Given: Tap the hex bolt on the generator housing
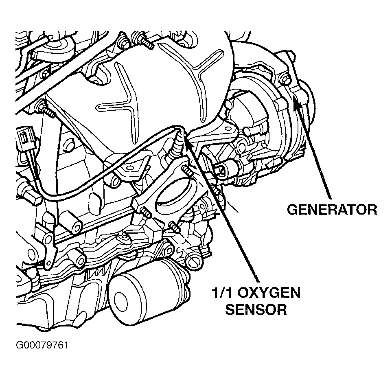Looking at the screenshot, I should point(285,78).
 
